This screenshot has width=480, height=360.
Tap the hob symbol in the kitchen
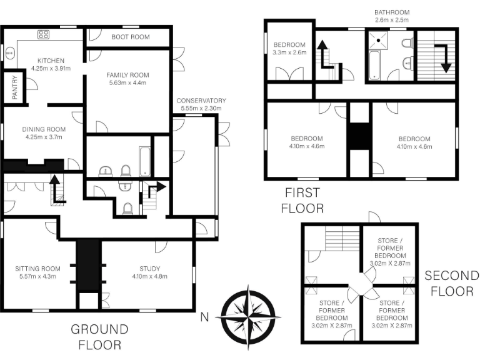click(x=44, y=34)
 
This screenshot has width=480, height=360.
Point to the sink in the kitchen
click(x=10, y=54)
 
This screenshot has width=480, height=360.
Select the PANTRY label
click(x=15, y=88)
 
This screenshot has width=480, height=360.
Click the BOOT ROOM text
click(x=131, y=37)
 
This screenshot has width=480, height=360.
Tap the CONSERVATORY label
click(x=201, y=101)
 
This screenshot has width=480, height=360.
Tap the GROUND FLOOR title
click(x=99, y=336)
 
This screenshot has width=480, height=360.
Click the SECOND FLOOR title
click(x=451, y=283)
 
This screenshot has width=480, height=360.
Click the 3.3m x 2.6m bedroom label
click(x=289, y=49)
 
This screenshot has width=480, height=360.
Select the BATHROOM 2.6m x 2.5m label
click(x=391, y=16)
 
